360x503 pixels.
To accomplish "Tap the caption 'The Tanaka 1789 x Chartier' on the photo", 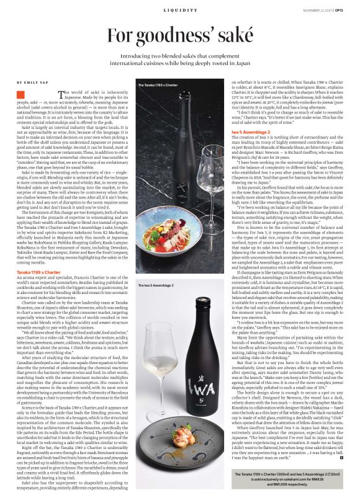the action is point(160,85).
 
